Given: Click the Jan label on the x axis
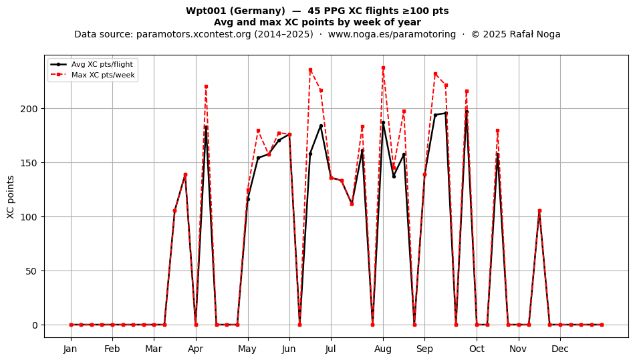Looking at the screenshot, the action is pyautogui.click(x=70, y=349).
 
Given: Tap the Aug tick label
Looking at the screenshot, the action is pyautogui.click(x=383, y=349).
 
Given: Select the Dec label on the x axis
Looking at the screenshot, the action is pyautogui.click(x=560, y=349).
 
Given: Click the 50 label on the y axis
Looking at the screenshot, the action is pyautogui.click(x=31, y=271).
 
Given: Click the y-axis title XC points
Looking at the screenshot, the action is pyautogui.click(x=11, y=197).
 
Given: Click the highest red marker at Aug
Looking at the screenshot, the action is pyautogui.click(x=383, y=68).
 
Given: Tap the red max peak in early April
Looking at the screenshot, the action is pyautogui.click(x=206, y=87).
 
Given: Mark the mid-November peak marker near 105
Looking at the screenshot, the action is pyautogui.click(x=539, y=211).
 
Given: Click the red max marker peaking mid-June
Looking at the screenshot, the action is pyautogui.click(x=310, y=70).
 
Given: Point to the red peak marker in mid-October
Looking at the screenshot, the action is pyautogui.click(x=498, y=131).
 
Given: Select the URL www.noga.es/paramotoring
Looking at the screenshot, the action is pyautogui.click(x=392, y=34).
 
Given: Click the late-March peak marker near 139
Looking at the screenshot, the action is pyautogui.click(x=185, y=175).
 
